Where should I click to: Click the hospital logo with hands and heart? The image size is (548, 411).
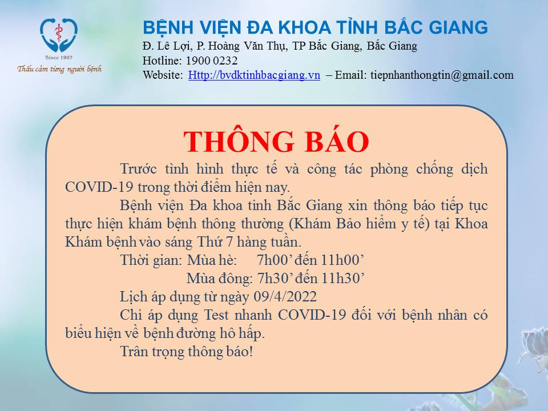point(59,35)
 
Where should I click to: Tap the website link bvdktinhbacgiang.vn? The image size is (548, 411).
point(254,75)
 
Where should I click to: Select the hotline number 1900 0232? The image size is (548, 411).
point(212,61)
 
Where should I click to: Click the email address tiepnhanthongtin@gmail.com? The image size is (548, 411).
point(442,75)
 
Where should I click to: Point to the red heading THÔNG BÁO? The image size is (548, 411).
point(276,142)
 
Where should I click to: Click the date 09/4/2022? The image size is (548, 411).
point(285,297)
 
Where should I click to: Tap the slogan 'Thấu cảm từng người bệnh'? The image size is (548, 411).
point(59,68)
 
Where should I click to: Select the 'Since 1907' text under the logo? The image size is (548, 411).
point(59,57)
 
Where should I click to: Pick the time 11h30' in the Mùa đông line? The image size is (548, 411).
point(342,278)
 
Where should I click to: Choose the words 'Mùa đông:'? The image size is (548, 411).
point(219,279)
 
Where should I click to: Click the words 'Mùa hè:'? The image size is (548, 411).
point(212,260)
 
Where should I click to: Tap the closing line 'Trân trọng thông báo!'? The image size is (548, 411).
point(186,352)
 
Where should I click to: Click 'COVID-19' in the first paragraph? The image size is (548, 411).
point(99,187)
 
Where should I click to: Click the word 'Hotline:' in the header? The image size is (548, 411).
point(162,61)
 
